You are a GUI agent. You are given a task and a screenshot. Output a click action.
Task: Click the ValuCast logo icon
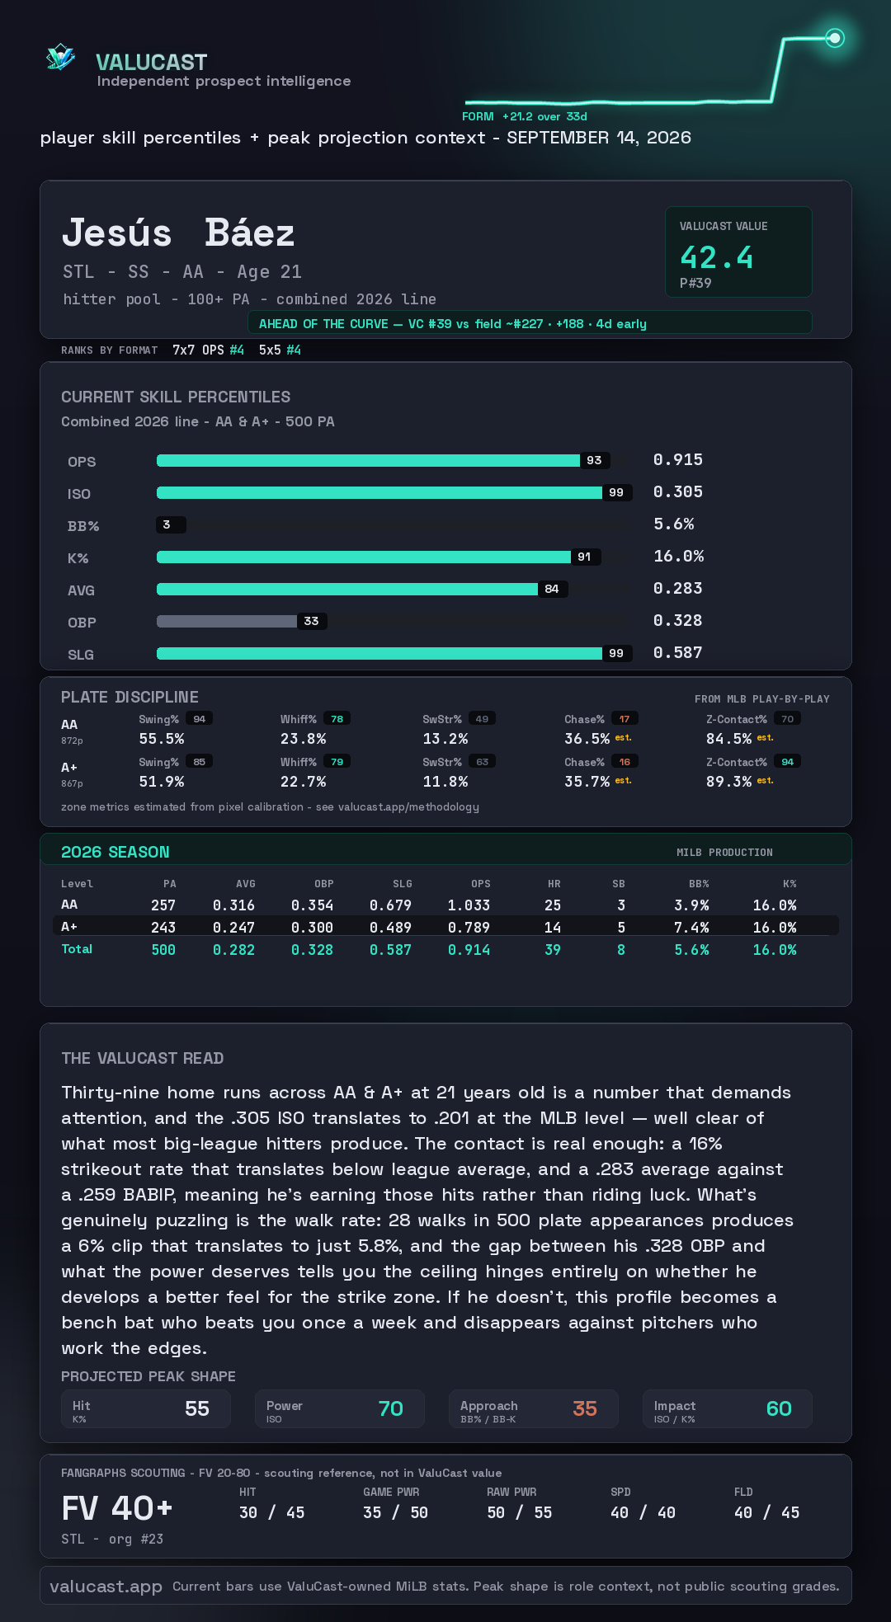[60, 57]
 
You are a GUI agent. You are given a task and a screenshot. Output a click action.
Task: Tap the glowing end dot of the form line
[835, 38]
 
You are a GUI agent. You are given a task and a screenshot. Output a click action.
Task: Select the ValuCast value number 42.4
[716, 258]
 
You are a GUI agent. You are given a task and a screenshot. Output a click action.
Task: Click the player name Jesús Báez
[178, 233]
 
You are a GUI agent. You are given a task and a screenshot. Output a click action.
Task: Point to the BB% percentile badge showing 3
[171, 524]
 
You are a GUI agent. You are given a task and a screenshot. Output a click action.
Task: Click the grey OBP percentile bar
[227, 621]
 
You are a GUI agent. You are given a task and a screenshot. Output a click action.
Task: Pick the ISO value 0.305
[678, 491]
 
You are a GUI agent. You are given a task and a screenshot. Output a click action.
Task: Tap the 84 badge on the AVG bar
[552, 589]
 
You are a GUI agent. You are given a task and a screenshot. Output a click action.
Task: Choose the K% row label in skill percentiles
[78, 558]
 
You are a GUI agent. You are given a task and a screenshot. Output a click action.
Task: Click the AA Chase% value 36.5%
[587, 739]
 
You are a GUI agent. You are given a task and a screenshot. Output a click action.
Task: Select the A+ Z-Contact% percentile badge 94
[787, 762]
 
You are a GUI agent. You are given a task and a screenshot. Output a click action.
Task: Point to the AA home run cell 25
[553, 905]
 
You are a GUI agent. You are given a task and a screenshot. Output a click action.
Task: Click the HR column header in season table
[554, 884]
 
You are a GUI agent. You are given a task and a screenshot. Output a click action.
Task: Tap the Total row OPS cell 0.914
[469, 950]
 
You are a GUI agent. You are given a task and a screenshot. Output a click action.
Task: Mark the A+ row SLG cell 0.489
[390, 928]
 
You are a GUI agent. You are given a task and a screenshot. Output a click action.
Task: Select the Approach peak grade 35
[585, 1408]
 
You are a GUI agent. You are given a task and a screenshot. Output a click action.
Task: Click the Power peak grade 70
[391, 1408]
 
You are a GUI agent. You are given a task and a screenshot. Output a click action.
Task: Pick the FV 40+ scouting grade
[117, 1509]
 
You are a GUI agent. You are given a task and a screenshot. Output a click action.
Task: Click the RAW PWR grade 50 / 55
[520, 1512]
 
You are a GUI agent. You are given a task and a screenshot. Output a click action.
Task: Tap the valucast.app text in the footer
[106, 1587]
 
